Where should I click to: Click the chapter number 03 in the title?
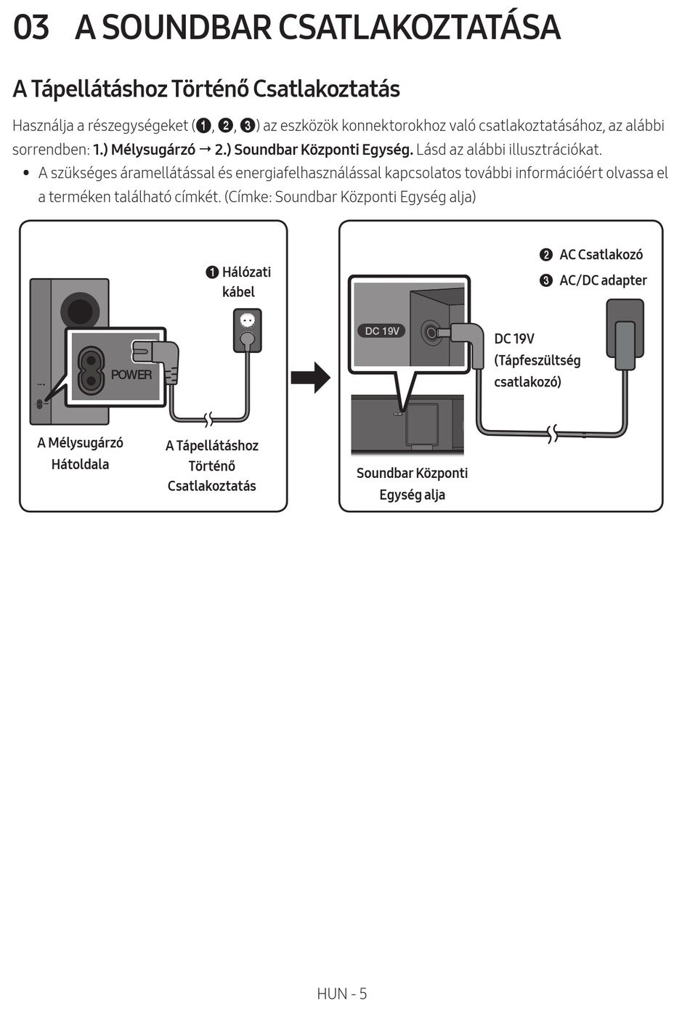[31, 27]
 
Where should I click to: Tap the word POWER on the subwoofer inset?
[131, 375]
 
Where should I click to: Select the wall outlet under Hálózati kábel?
[247, 330]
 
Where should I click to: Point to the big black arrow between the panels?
[310, 378]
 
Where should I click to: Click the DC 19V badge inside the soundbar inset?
[382, 331]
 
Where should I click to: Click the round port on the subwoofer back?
[80, 311]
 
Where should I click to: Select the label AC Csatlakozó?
[601, 254]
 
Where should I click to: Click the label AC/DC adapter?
[603, 280]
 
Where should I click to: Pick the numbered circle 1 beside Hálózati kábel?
[212, 272]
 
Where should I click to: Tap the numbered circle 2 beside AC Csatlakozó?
[546, 255]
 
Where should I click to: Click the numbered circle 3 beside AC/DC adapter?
[546, 281]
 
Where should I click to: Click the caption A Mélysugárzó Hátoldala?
[80, 453]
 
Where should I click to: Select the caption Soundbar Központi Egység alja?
[412, 484]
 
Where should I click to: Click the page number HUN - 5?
[342, 994]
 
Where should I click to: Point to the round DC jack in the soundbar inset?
[431, 333]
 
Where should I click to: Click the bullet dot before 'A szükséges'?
[25, 173]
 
